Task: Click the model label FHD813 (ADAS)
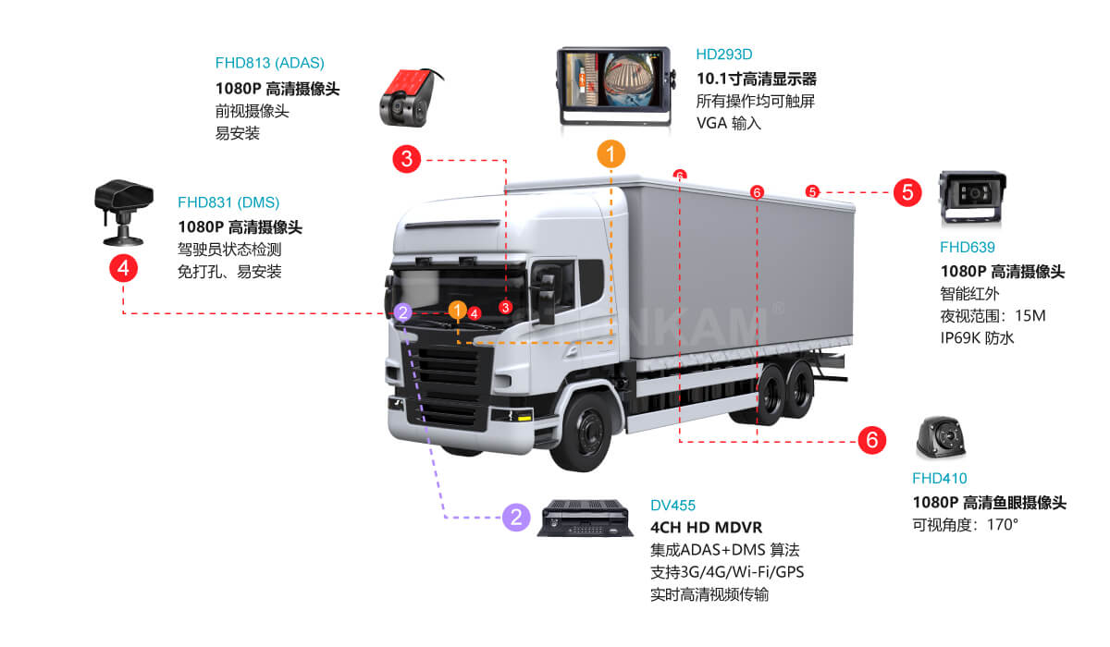(270, 64)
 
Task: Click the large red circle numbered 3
(407, 159)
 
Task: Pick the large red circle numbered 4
(123, 269)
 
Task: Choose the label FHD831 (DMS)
(228, 202)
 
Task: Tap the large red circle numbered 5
(907, 192)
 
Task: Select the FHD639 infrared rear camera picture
(972, 199)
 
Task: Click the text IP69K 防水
(977, 338)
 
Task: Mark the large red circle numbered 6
(871, 440)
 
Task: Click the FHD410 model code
(939, 479)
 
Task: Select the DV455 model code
(672, 506)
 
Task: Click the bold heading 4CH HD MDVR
(706, 528)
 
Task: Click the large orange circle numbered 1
(611, 154)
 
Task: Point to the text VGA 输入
(729, 123)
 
